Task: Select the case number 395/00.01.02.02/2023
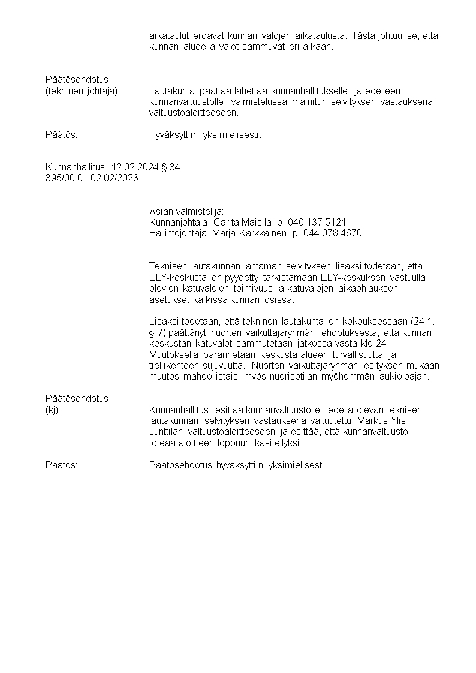92,178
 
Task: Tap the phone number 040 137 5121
317,222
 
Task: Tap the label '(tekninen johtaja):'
83,91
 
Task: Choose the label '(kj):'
53,410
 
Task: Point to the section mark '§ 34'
170,167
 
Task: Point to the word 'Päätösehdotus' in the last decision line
181,465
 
